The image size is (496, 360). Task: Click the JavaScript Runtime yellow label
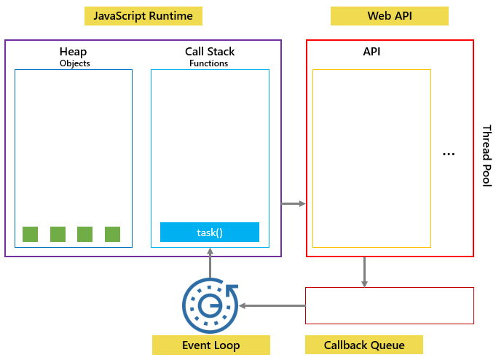click(143, 16)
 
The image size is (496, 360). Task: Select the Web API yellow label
click(389, 16)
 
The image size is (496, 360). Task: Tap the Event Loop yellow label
click(210, 345)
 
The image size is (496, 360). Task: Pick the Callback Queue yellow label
click(363, 345)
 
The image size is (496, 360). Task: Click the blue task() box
click(210, 232)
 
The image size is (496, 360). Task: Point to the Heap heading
click(74, 52)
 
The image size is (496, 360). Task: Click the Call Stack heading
click(210, 52)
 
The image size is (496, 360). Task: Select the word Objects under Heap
click(74, 63)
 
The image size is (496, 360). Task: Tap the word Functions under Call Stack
click(208, 63)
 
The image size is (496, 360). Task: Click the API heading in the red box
click(371, 52)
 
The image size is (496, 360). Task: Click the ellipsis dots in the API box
click(449, 154)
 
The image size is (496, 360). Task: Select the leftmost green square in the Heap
click(30, 234)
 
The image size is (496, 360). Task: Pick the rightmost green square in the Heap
click(112, 234)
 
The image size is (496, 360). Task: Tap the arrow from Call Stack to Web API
click(294, 203)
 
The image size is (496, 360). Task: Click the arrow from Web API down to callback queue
click(364, 272)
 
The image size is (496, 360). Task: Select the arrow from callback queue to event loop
click(272, 306)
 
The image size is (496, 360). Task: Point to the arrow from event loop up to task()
click(210, 262)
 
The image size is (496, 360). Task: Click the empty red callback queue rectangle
click(389, 305)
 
